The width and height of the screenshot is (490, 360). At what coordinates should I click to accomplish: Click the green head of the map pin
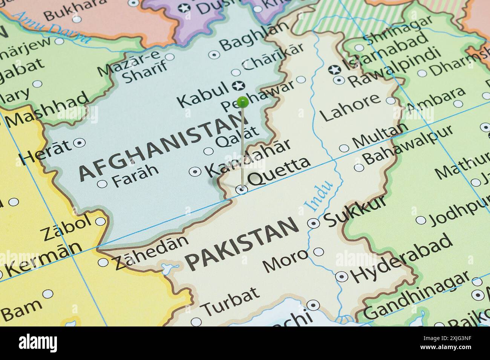click(x=243, y=101)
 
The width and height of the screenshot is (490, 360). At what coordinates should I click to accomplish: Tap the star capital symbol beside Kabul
click(x=238, y=86)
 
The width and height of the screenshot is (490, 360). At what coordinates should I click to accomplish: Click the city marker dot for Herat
click(x=79, y=143)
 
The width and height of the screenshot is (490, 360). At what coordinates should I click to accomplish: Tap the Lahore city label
click(x=351, y=108)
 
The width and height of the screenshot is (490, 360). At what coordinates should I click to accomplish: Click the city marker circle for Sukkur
click(x=313, y=223)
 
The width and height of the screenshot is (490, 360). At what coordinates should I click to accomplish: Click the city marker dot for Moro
click(x=318, y=252)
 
